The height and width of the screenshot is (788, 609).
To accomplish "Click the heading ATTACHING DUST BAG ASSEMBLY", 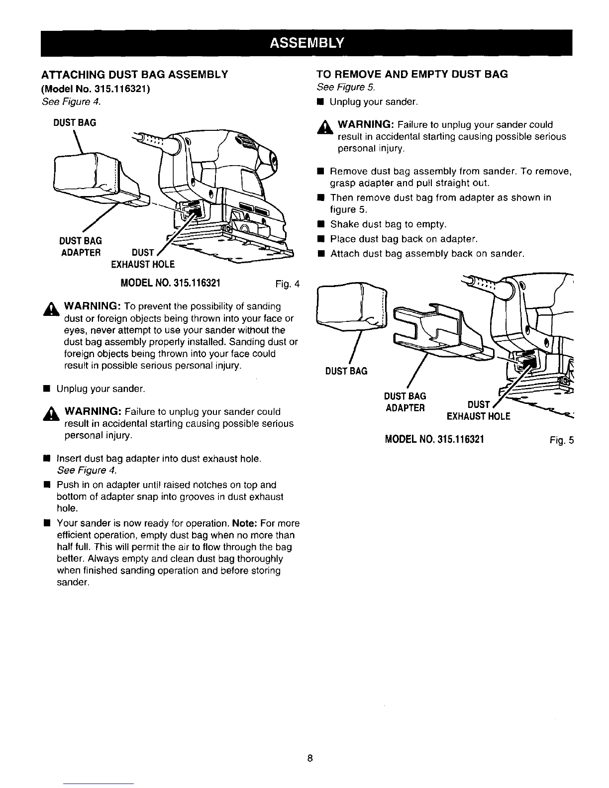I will pos(134,75).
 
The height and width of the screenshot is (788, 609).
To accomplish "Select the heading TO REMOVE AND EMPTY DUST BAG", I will pos(412,75).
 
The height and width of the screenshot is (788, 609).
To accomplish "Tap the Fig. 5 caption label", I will pos(562,440).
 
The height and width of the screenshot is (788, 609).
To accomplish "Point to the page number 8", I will pos(309,759).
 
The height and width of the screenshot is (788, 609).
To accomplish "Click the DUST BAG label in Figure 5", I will pos(346,371).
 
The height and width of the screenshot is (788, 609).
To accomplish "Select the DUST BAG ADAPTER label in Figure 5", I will pos(405,402).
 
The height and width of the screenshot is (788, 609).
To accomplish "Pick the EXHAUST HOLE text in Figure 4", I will pos(143,263).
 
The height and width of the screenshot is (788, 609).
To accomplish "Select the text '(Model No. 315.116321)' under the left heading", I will pos(93,89).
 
